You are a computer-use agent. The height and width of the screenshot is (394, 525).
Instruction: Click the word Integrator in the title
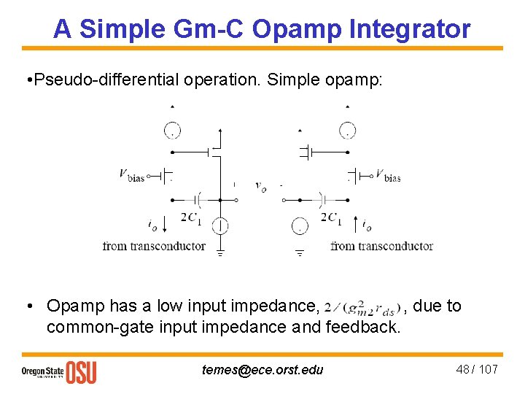(410, 29)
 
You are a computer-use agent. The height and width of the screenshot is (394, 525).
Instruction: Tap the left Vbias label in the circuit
(131, 175)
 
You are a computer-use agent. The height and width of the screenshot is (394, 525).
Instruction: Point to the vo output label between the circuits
(260, 186)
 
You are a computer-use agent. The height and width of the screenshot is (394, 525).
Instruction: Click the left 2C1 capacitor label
(191, 217)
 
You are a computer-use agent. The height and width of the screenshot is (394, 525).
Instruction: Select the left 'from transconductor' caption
(154, 246)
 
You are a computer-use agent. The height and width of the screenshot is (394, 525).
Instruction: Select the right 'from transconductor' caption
(381, 246)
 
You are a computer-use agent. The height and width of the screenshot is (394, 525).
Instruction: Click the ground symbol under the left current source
(219, 253)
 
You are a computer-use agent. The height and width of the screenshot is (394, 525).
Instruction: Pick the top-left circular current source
(172, 131)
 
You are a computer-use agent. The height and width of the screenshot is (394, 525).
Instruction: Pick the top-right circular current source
(347, 131)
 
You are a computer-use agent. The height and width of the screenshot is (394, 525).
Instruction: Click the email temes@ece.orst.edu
(262, 369)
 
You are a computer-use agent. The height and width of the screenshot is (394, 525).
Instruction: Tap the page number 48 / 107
(477, 369)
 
